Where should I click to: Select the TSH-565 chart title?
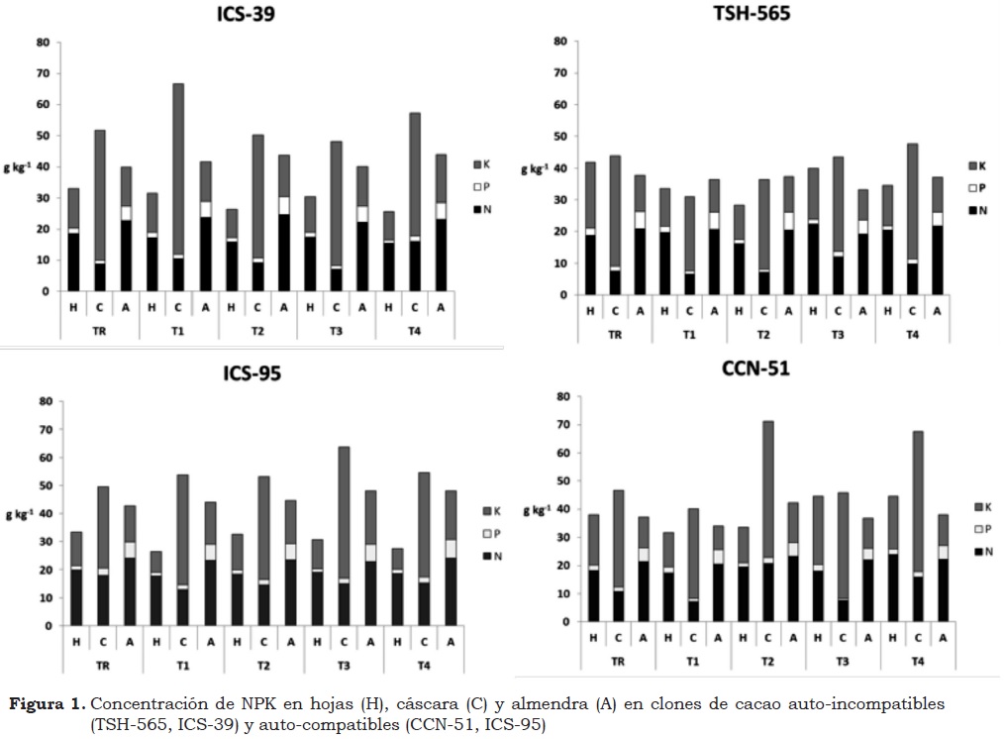[752, 15]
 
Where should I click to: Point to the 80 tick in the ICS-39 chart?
[43, 43]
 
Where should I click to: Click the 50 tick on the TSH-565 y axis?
[560, 137]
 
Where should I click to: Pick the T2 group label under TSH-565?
[763, 335]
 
